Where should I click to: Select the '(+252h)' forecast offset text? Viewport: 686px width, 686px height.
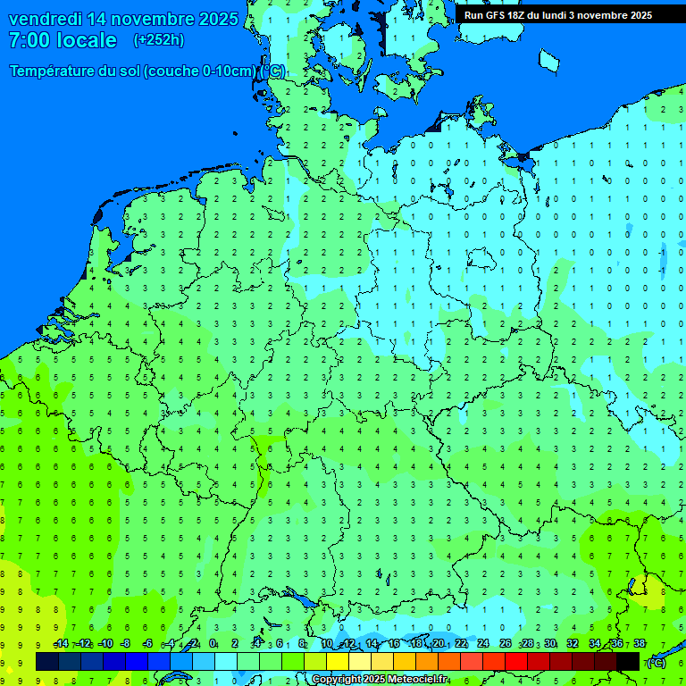tap(158, 40)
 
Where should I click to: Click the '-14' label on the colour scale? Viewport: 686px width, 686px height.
tap(61, 644)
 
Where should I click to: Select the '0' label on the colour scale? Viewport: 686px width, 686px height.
tap(213, 644)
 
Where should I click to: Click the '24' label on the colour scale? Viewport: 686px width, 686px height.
tap(483, 644)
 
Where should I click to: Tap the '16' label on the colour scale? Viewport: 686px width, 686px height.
tap(393, 644)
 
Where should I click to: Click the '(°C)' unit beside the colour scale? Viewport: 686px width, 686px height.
tap(656, 662)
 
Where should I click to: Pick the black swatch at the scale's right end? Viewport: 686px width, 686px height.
tap(628, 662)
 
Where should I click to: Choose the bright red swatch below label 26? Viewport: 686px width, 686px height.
tap(515, 662)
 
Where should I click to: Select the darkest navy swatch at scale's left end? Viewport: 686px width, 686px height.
tap(47, 662)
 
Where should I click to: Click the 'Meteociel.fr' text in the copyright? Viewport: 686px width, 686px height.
tap(418, 680)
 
